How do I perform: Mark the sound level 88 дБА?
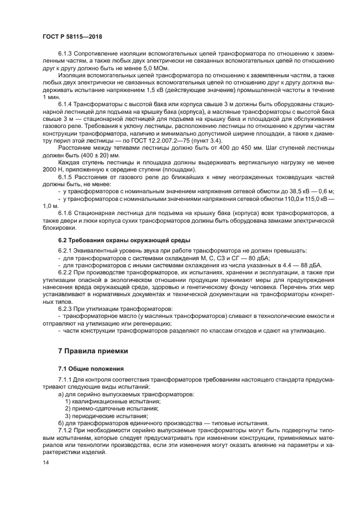(x=311, y=265)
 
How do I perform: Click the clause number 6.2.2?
(x=66, y=272)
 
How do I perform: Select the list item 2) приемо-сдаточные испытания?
(x=112, y=408)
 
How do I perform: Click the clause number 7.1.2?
(x=66, y=430)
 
